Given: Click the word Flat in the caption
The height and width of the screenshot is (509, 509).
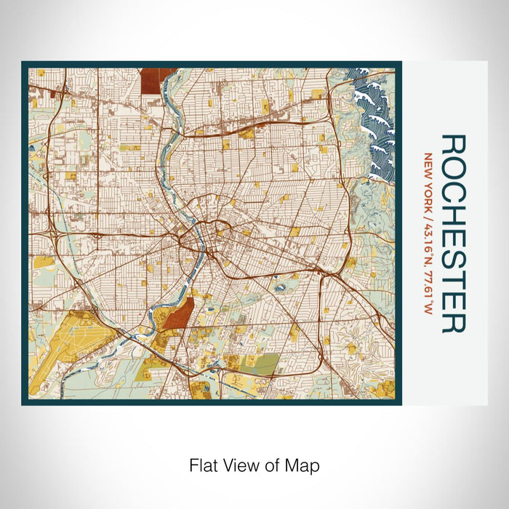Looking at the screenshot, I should (203, 465).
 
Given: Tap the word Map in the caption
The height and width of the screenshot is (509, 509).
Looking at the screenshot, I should (305, 465).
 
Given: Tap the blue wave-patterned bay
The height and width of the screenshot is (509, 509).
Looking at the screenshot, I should (374, 116).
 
